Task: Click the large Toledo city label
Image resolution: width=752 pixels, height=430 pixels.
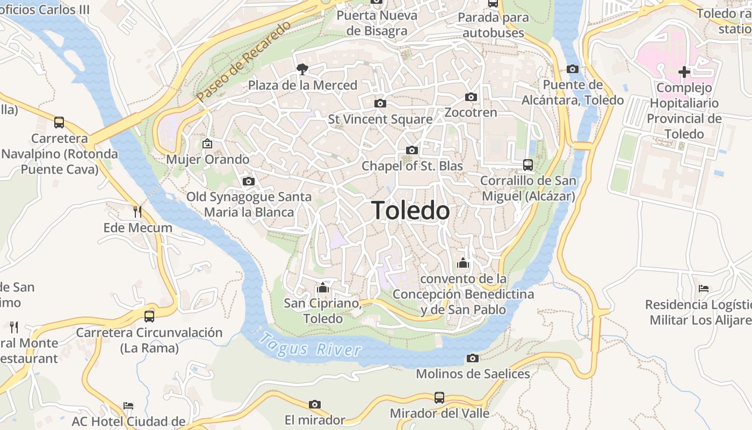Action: point(410,210)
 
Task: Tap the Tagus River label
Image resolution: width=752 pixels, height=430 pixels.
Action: point(310,345)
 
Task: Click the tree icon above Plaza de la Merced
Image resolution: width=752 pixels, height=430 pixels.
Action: point(302,69)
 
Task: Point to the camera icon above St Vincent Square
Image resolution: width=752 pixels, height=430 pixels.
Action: point(380,103)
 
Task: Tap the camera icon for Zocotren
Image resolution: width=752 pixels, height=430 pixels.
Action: point(471,97)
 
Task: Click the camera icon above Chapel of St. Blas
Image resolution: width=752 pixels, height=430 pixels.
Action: point(412,150)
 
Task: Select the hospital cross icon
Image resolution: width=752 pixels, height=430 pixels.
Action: point(684,71)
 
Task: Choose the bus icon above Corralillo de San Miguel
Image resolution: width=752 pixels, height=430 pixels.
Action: point(528,165)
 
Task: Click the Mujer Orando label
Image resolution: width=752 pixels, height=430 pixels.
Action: point(207,160)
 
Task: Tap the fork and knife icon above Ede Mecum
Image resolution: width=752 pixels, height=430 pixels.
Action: point(138,211)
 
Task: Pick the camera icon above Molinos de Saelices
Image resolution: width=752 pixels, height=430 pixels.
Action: point(473,358)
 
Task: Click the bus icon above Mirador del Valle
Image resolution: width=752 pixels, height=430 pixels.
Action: point(439,398)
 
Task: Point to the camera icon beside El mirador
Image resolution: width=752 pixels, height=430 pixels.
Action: point(315,404)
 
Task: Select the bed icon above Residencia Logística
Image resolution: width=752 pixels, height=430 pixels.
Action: point(704,289)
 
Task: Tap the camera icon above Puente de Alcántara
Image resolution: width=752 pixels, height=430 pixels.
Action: point(573,69)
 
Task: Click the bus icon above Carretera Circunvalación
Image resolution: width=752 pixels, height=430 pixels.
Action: point(149,316)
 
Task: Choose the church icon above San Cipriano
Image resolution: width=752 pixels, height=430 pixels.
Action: point(323,288)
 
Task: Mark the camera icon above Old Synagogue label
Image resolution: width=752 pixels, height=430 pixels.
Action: point(248,181)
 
